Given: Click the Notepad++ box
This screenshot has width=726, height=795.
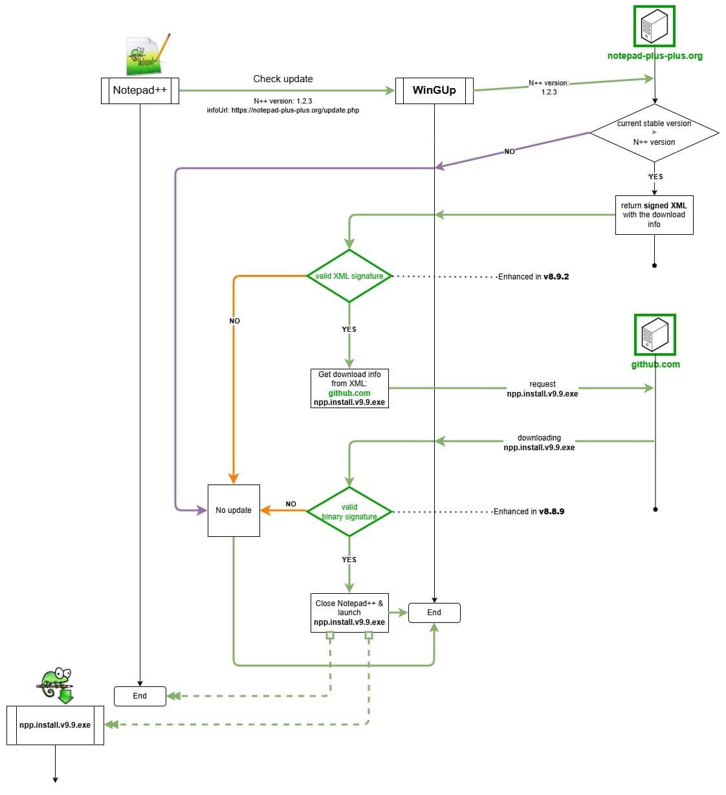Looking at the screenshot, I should (140, 91).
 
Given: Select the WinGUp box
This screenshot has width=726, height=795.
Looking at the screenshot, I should (434, 91).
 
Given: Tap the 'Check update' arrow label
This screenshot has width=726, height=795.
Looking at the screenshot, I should (283, 79).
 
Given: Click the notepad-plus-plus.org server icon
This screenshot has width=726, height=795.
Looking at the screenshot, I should (654, 27).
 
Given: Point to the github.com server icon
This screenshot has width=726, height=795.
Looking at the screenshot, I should (655, 335).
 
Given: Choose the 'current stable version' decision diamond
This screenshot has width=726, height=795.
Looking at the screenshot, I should (654, 133).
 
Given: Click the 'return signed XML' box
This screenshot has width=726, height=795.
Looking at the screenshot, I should (654, 215).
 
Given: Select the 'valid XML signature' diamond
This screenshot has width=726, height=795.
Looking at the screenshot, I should (349, 276).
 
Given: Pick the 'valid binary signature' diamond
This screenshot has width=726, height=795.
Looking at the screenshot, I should (349, 512).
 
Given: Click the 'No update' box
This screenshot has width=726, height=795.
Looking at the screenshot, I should (234, 510).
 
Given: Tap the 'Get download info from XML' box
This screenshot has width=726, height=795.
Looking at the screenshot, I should (349, 388).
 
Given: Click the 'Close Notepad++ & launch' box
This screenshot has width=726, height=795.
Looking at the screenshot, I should (349, 613).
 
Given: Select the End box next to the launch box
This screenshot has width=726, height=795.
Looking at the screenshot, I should (434, 613).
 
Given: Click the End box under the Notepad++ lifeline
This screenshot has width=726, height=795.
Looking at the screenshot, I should (140, 696).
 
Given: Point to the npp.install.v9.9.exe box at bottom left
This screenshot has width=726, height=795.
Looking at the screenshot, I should (55, 725).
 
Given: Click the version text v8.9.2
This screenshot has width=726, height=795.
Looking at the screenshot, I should (556, 277).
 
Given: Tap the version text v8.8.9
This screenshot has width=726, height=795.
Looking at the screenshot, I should (551, 512).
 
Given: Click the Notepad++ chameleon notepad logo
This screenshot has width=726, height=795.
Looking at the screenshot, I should (148, 55).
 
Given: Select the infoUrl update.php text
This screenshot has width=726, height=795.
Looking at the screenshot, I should (283, 111).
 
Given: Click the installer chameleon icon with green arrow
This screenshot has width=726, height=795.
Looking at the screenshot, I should (56, 685).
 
